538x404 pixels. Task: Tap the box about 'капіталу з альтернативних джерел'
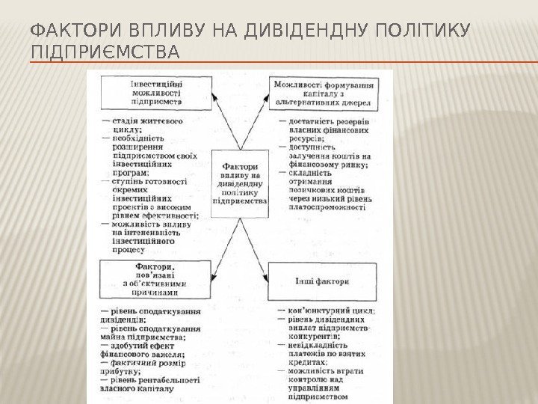pyautogui.click(x=324, y=93)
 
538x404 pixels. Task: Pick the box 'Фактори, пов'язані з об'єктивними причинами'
pyautogui.click(x=155, y=279)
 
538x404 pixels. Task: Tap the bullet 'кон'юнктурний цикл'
pyautogui.click(x=329, y=310)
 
